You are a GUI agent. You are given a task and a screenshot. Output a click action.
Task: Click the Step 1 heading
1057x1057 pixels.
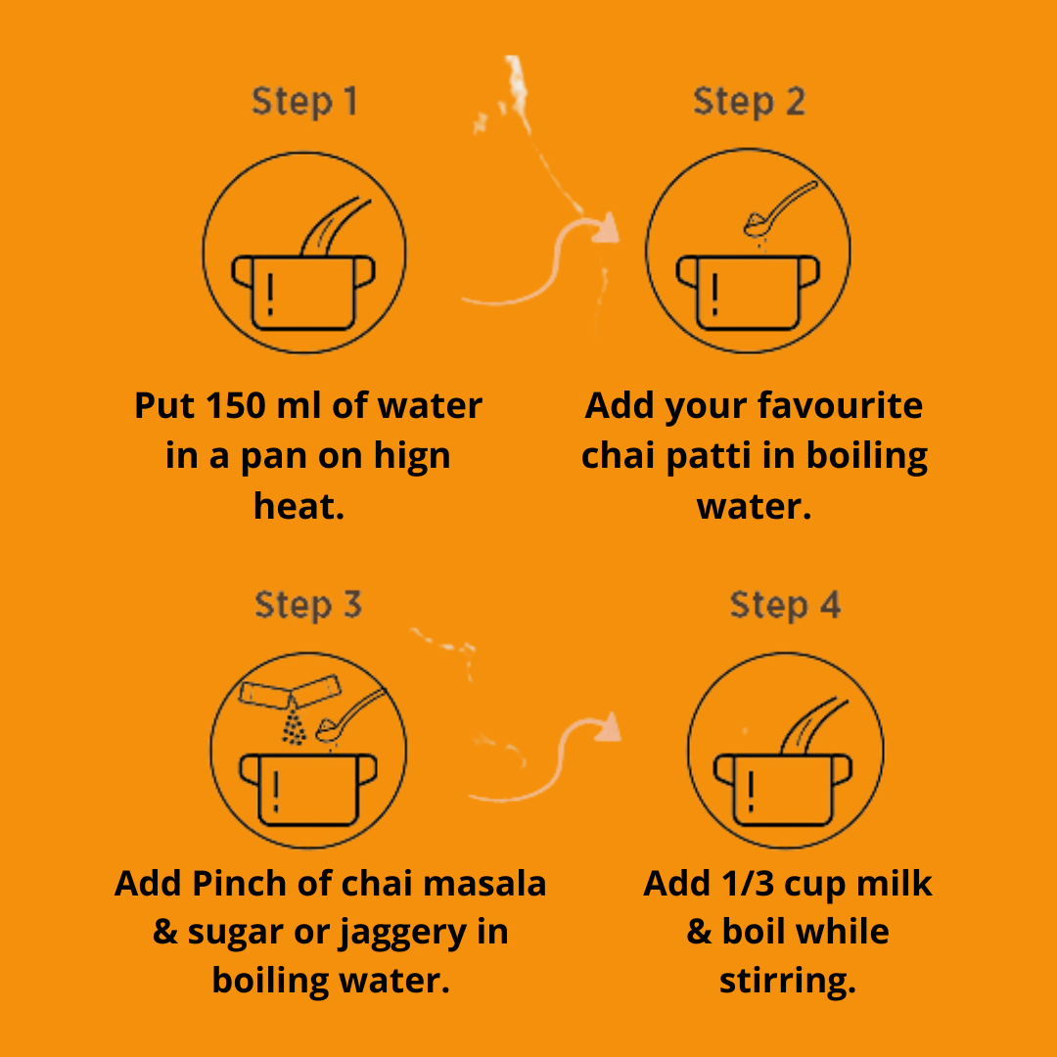(304, 103)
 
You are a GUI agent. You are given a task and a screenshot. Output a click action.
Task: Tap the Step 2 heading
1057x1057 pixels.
(749, 103)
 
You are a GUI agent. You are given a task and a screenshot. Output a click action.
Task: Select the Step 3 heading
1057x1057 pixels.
(308, 605)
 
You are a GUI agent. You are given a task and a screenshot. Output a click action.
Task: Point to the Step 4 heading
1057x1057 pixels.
(785, 605)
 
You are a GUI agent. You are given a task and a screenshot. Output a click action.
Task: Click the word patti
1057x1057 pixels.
(708, 456)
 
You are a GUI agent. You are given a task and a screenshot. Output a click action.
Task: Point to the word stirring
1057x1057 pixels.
(787, 982)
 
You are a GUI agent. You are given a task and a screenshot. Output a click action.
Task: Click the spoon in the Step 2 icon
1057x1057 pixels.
(779, 209)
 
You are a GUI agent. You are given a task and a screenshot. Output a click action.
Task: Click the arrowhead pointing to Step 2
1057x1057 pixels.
(607, 228)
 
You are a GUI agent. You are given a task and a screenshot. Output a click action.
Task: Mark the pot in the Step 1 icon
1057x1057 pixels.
(303, 294)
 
